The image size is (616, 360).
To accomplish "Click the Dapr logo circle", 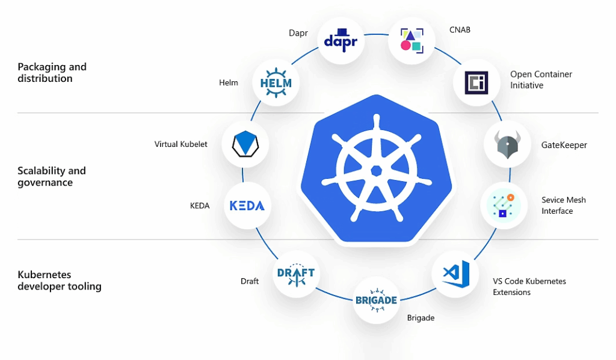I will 341,40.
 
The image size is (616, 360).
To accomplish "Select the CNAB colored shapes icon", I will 411,40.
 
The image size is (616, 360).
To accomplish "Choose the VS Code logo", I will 455,274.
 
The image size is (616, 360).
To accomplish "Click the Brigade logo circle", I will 376,300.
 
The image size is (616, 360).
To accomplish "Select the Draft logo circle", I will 296,274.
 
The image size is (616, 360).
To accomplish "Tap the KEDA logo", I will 247,205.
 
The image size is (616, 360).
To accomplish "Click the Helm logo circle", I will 276,82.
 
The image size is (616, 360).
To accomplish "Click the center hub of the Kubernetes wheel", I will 377,170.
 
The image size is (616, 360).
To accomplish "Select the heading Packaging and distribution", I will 52,73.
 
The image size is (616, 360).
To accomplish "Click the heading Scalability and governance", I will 52,176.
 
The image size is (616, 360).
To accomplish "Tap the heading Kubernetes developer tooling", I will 59,281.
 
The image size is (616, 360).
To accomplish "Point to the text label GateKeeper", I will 564,145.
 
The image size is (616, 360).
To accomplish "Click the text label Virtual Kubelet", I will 181,144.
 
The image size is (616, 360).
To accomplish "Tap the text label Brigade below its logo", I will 420,318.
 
